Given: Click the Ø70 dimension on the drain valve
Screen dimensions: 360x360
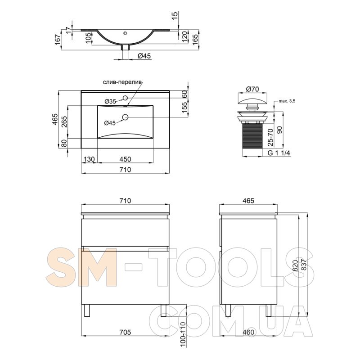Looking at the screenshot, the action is tap(252, 89).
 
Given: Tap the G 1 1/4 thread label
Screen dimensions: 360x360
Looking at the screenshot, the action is tap(279, 153).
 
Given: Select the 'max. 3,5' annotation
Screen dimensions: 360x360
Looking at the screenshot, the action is tap(287, 101).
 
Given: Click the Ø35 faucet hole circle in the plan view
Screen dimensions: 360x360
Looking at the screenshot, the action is tap(125, 98).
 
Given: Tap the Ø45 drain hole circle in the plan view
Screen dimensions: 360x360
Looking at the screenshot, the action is tap(125, 117).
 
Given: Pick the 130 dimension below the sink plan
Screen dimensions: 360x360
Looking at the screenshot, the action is tap(89, 159).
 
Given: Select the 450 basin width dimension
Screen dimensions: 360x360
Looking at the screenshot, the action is tap(126, 159).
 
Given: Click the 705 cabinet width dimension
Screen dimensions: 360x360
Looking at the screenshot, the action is tap(126, 332).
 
